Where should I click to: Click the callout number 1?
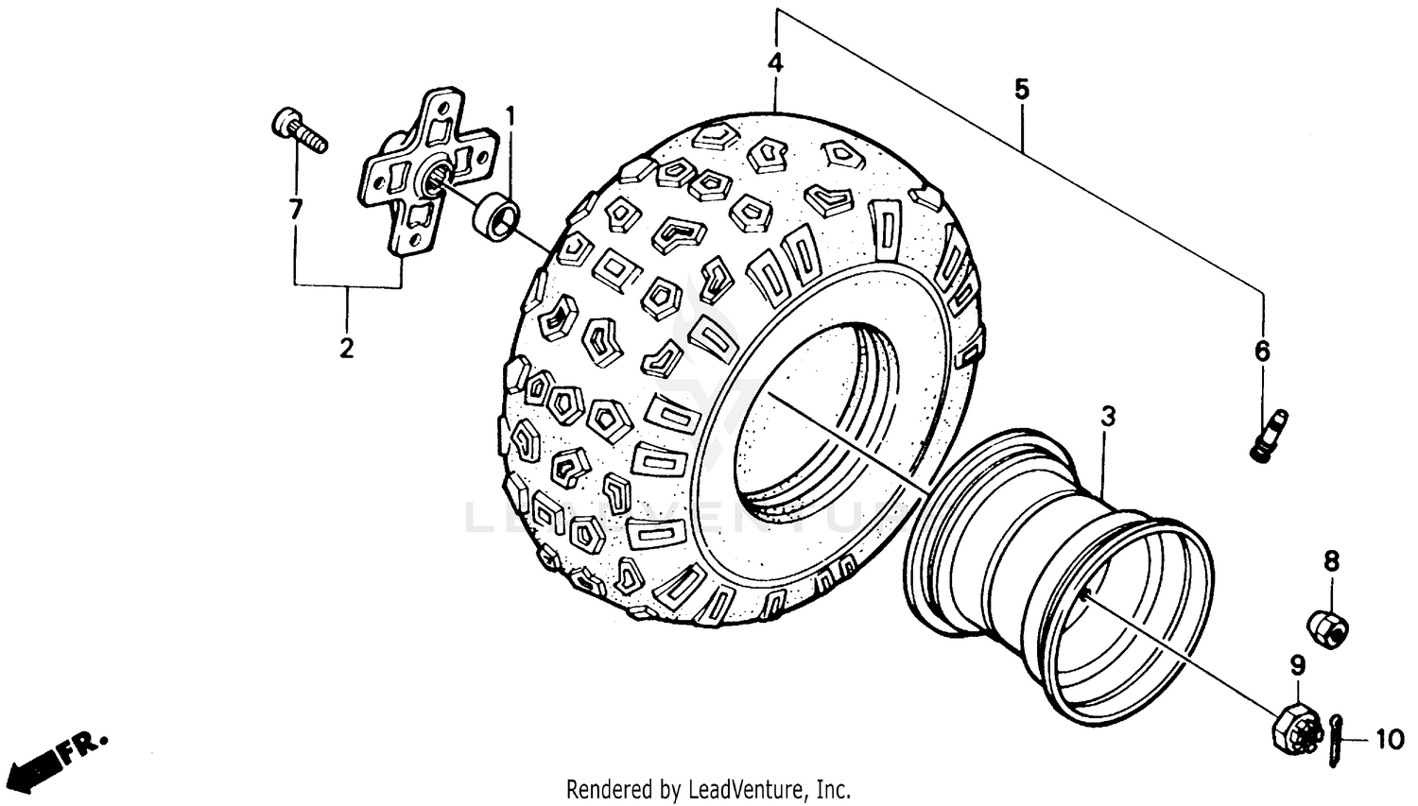point(510,117)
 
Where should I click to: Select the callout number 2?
point(347,348)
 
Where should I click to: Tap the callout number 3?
point(1108,417)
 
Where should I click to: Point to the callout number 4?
point(775,63)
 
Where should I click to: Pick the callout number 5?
point(1021,90)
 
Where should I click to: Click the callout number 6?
point(1263,352)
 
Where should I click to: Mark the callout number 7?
point(295,210)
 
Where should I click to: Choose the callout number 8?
point(1331,562)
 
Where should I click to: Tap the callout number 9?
point(1297,665)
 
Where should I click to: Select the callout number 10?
point(1389,739)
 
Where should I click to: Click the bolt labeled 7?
point(299,129)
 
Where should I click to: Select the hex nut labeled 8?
point(1327,628)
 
